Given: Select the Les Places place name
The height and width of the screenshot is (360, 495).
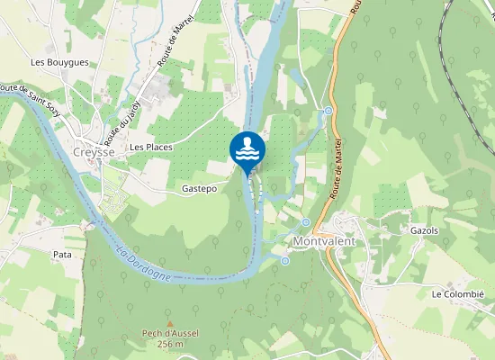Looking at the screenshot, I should click(150, 146).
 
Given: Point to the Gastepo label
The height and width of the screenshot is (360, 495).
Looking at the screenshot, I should click(199, 189).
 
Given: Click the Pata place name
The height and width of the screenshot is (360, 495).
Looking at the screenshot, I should click(62, 255).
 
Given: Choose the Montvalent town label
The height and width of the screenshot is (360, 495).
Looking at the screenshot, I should click(325, 243).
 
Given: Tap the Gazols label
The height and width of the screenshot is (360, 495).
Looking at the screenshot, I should click(423, 230).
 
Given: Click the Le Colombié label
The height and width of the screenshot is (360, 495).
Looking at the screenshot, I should click(457, 294).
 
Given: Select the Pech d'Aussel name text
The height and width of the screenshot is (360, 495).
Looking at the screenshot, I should click(170, 333).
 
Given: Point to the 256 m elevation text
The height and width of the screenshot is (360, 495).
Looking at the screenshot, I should click(170, 344).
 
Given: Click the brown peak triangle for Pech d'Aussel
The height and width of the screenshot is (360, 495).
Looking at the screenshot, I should click(169, 323).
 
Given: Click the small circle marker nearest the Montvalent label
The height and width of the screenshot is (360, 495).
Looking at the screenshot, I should click(306, 222).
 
